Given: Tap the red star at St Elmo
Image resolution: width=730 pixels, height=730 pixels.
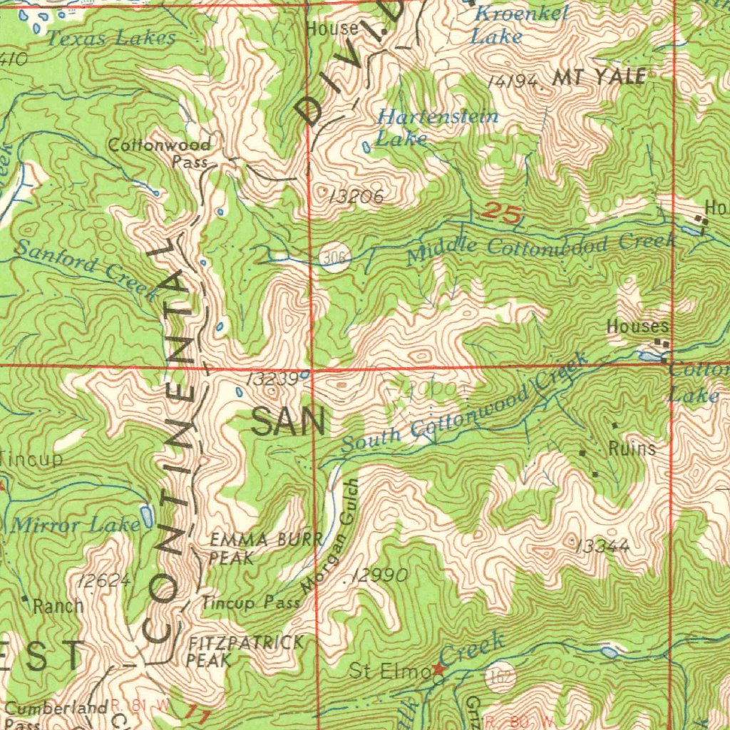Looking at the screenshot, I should click(438, 670).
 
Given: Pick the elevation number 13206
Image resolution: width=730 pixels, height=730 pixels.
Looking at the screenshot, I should click(356, 197).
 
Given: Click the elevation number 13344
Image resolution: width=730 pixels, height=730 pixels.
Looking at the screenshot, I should click(602, 546).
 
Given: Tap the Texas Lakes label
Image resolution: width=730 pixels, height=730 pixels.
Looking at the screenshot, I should click(110, 38).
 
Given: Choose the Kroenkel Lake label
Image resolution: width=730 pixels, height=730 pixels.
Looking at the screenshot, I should click(520, 24).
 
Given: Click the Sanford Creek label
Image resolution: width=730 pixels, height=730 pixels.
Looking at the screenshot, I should click(86, 269).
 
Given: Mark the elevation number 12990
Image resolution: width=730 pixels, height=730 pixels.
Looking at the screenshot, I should click(380, 575).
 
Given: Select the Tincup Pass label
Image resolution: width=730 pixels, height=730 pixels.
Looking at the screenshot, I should click(250, 603).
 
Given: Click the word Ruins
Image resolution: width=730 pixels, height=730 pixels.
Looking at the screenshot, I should click(632, 448).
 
